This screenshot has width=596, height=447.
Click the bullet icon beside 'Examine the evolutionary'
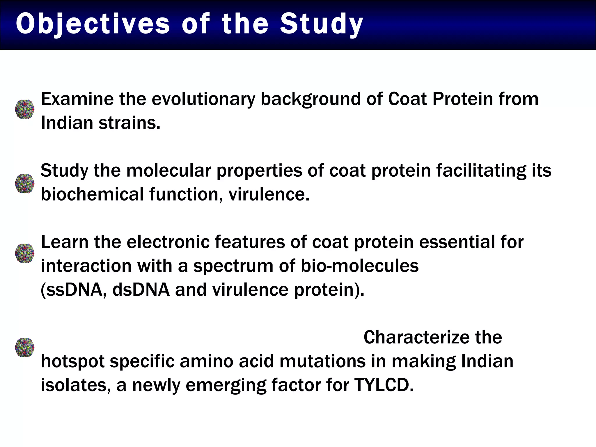click(x=25, y=109)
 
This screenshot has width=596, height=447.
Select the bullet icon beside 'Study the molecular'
click(x=25, y=184)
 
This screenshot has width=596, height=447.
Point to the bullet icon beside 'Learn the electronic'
click(x=25, y=253)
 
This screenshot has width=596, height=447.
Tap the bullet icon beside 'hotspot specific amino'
click(x=25, y=347)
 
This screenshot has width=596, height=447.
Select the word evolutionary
click(x=203, y=99)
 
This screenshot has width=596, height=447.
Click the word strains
click(x=129, y=123)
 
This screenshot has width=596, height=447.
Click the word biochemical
click(x=92, y=194)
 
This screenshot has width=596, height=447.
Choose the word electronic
click(x=168, y=242)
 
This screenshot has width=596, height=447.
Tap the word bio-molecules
click(x=359, y=266)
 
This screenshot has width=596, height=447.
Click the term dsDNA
click(x=141, y=290)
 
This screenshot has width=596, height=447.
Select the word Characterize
click(x=416, y=338)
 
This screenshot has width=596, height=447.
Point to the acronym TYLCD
click(x=384, y=385)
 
